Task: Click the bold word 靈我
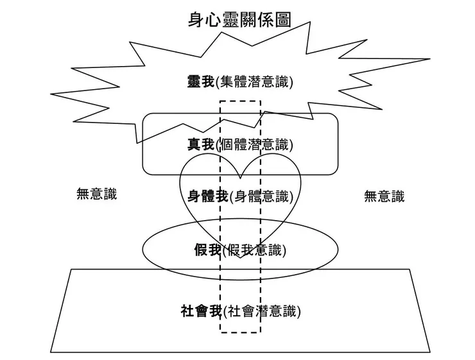[x=201, y=81]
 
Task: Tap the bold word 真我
[x=201, y=144]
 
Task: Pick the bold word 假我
[x=207, y=250]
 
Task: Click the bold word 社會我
[x=201, y=312]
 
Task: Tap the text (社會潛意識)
[x=263, y=312]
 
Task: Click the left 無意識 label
[x=97, y=194]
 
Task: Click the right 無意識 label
[x=384, y=196]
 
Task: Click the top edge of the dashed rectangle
[x=241, y=100]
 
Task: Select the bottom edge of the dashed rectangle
[x=241, y=332]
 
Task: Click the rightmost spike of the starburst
[x=429, y=60]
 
